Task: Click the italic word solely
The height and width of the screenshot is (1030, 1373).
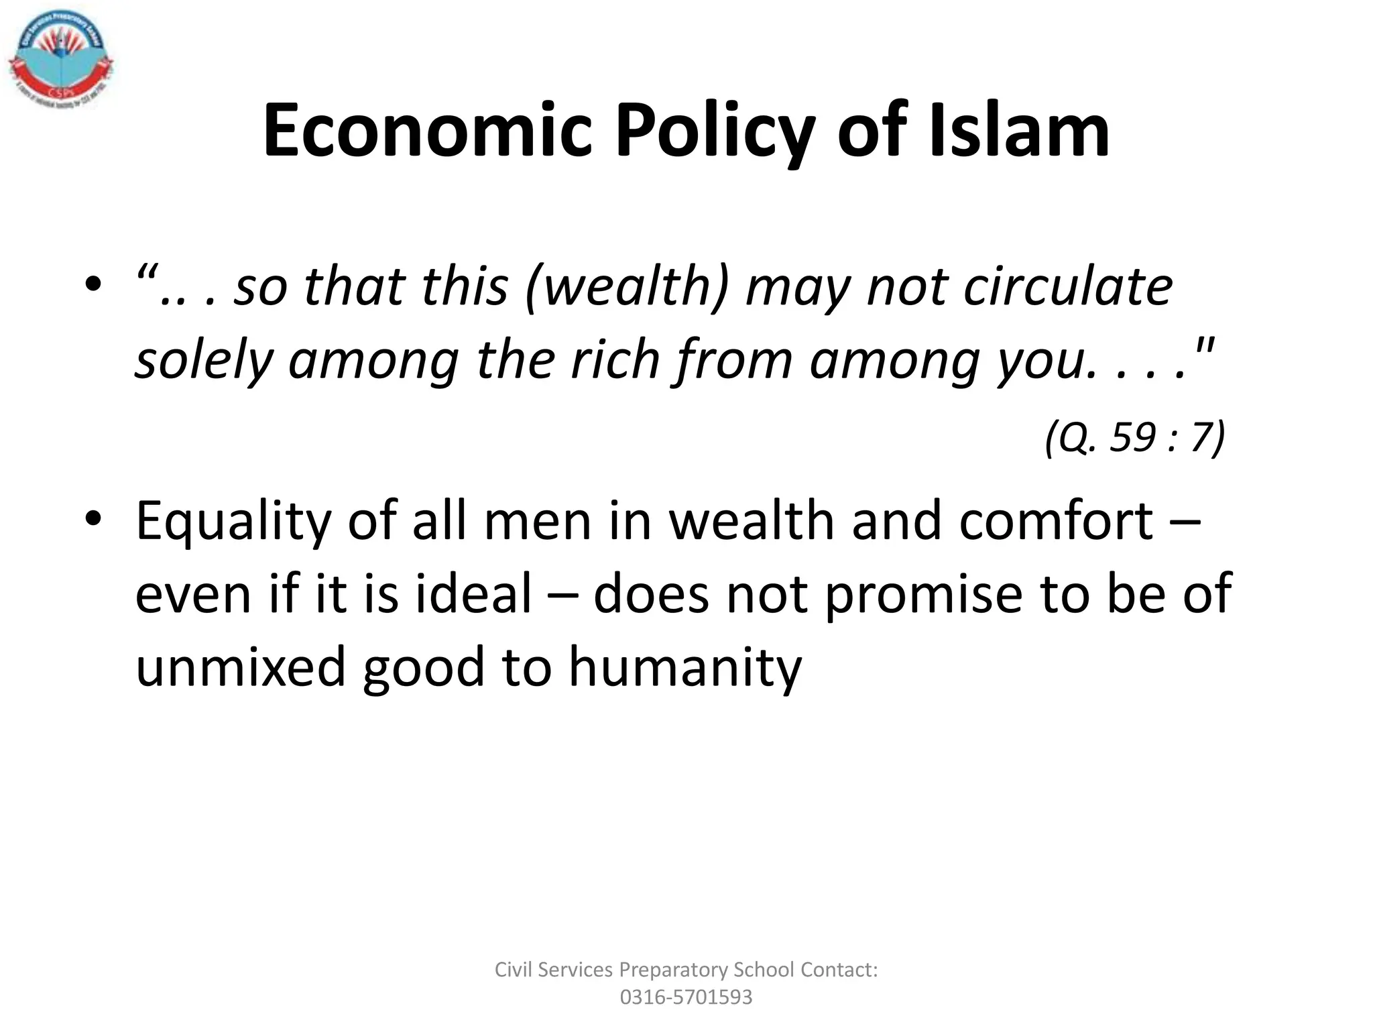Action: coord(204,361)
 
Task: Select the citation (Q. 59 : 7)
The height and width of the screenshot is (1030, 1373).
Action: coord(1134,438)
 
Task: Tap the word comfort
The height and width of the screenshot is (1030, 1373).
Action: coord(1055,521)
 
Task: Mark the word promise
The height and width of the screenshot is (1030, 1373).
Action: coord(922,595)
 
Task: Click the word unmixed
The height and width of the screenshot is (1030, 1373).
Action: coord(241,667)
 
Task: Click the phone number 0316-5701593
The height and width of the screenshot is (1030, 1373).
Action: coord(686,997)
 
